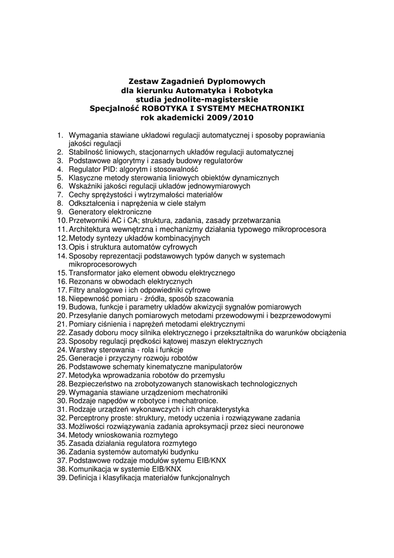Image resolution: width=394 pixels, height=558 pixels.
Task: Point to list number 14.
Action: [x=61, y=256]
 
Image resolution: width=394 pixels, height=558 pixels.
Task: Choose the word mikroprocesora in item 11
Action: [x=300, y=229]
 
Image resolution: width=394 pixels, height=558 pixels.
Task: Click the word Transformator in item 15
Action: [x=92, y=272]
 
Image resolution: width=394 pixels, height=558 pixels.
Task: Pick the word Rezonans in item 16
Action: [x=84, y=281]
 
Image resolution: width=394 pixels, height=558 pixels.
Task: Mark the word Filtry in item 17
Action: [x=77, y=290]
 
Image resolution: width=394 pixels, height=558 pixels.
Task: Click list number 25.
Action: [x=61, y=359]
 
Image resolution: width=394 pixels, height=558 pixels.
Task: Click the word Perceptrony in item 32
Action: [x=89, y=418]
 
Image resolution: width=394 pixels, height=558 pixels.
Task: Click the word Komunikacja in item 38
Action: [x=90, y=469]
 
